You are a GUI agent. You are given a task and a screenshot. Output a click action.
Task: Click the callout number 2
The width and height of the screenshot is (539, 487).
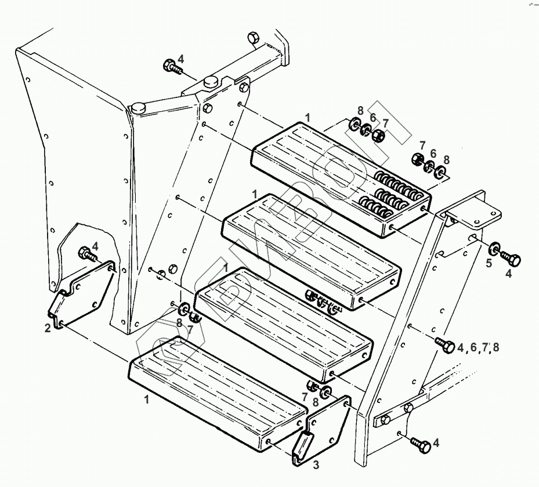[x=47, y=328]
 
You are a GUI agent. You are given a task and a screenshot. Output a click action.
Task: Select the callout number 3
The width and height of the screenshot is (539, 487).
[x=316, y=464]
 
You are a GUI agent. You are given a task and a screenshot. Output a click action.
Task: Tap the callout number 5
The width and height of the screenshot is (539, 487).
[x=489, y=263]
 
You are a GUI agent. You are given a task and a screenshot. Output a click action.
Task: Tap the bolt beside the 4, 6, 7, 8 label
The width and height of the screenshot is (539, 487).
[x=446, y=344]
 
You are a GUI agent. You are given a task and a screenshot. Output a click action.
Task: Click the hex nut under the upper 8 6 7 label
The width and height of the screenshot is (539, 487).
[x=378, y=137]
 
